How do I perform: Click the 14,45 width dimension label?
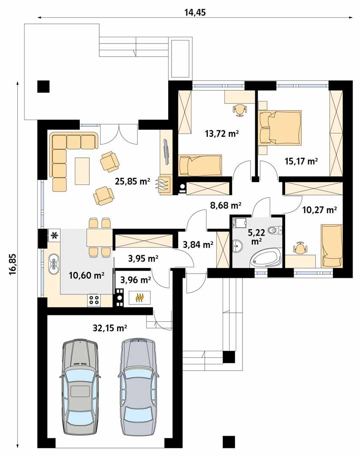coord(195,12)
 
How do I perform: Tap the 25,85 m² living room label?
coord(132,181)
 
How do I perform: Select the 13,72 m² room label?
coord(222,135)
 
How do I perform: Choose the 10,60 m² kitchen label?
coord(86,275)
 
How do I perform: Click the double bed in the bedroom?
coord(280,127)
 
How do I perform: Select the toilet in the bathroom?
coord(276,231)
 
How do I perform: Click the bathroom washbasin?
coord(237,246)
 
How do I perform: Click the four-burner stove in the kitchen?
coord(94,300)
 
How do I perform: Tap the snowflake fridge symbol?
coord(54,235)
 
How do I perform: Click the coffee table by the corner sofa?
coord(82,171)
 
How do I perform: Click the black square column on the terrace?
coord(44,86)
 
